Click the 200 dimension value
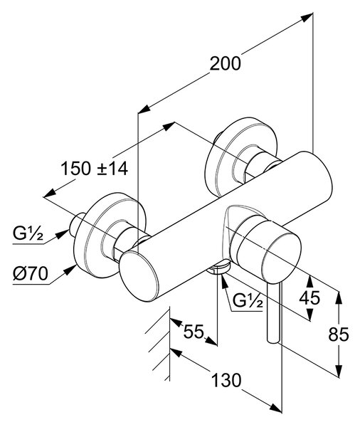[226, 64]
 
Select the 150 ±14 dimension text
[94, 169]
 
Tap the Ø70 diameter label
[31, 273]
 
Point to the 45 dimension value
[309, 297]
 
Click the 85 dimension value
[339, 334]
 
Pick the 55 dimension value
[194, 332]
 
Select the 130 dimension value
[226, 380]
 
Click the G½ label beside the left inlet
[28, 233]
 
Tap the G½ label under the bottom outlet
[248, 300]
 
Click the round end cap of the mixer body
[139, 276]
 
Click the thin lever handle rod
[273, 314]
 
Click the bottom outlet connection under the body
[218, 268]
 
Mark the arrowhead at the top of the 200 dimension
[307, 17]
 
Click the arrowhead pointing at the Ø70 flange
[70, 270]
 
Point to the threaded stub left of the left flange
[77, 225]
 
